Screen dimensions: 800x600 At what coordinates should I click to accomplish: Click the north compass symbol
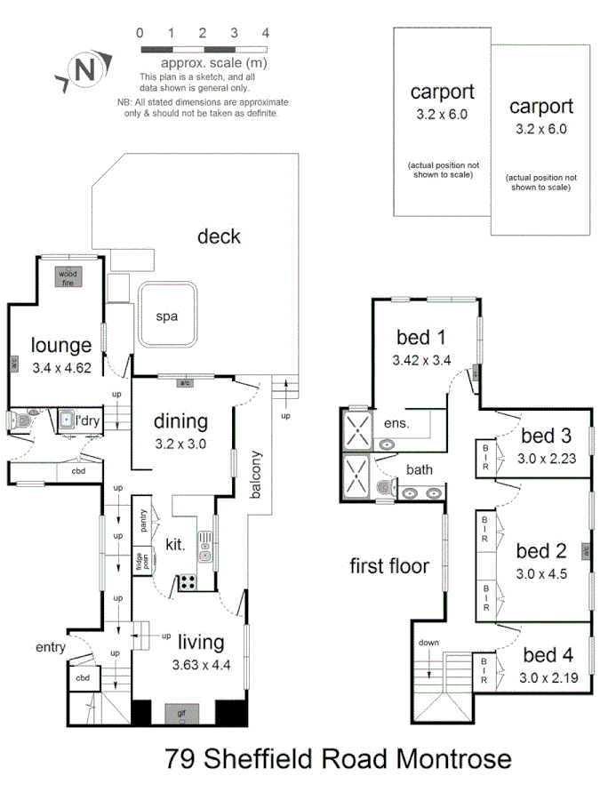(x=84, y=70)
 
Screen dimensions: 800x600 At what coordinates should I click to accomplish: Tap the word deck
(x=219, y=236)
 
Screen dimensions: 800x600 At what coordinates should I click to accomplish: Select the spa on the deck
(x=166, y=316)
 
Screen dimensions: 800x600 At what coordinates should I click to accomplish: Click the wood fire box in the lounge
(x=68, y=277)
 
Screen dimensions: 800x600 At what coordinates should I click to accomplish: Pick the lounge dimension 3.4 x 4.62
(x=61, y=365)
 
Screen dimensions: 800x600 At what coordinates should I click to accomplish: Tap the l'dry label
(x=87, y=419)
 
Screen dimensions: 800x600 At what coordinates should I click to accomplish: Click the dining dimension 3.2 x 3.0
(x=180, y=442)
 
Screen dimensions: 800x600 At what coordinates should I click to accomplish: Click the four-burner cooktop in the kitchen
(x=188, y=582)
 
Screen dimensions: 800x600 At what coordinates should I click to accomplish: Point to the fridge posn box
(x=141, y=562)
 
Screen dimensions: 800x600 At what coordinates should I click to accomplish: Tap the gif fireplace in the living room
(x=181, y=712)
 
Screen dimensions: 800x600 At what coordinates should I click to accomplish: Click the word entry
(x=51, y=647)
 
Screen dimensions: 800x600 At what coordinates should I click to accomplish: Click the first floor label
(x=389, y=566)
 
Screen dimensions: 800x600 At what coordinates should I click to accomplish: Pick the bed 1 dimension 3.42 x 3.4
(x=422, y=360)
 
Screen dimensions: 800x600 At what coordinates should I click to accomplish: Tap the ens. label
(x=396, y=424)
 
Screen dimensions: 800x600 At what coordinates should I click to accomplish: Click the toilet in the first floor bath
(x=383, y=490)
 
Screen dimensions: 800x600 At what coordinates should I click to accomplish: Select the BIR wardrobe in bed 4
(x=486, y=671)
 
